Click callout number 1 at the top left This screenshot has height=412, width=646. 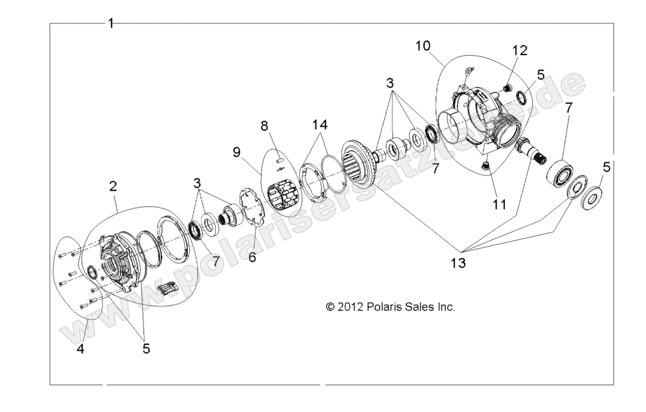[x=111, y=23]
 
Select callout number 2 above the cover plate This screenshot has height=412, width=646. [x=113, y=186]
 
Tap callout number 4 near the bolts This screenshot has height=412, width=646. [x=80, y=349]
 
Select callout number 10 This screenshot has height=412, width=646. [x=422, y=46]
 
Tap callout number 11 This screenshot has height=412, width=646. [x=499, y=204]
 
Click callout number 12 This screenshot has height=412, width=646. [x=519, y=51]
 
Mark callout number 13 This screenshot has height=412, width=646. [x=457, y=263]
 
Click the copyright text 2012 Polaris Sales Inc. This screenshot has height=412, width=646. [x=390, y=307]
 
